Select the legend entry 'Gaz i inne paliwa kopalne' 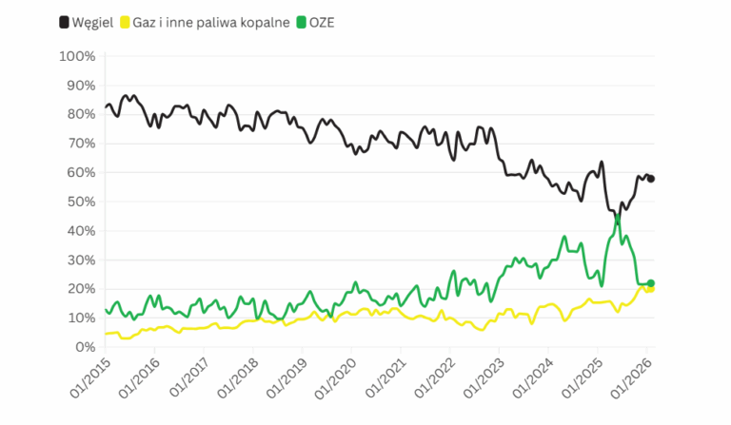208,21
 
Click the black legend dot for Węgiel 64,21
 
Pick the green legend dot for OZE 300,21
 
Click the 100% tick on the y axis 77,56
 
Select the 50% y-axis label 80,202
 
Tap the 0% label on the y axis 84,347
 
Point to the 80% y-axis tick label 80,114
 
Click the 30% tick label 80,260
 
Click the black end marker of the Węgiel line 651,179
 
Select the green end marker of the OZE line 651,283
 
